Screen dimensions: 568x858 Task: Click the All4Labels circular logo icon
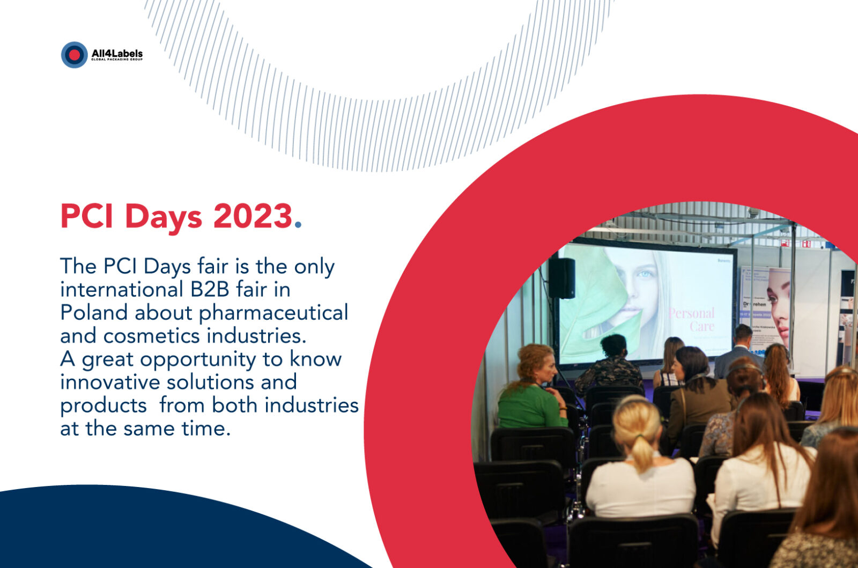pos(74,55)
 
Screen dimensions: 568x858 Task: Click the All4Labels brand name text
pos(117,53)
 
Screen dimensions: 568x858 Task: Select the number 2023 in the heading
pos(253,216)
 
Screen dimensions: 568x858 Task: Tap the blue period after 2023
pos(299,225)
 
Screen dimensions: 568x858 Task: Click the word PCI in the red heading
pos(86,216)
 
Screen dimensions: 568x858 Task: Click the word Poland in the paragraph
pos(94,313)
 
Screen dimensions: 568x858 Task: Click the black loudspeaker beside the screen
pos(561,278)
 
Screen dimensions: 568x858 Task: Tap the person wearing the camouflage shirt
pos(610,365)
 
